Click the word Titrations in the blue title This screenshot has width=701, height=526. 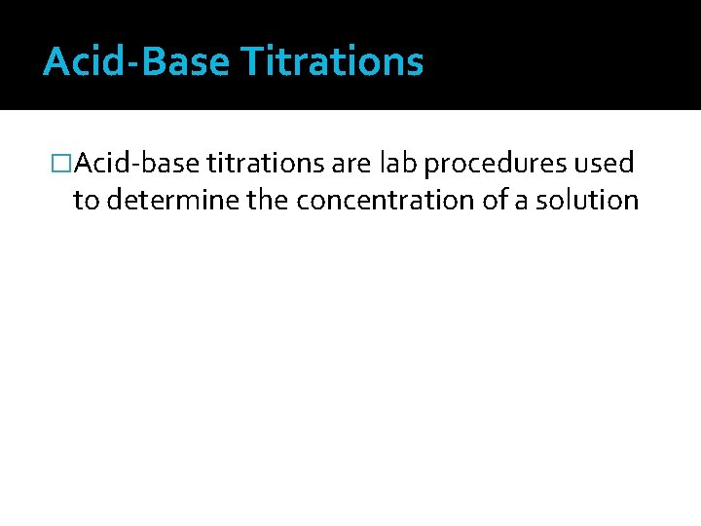(x=332, y=62)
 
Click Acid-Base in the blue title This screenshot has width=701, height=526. (x=136, y=62)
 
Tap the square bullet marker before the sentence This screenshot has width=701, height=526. (x=63, y=164)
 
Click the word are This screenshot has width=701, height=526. (x=350, y=164)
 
